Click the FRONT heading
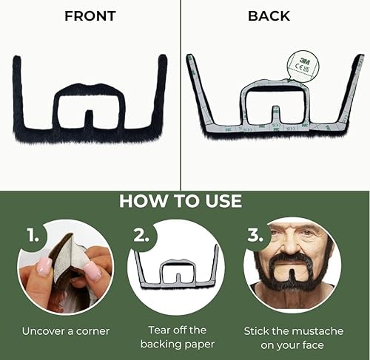(90, 16)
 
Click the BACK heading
(269, 16)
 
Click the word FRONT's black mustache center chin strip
(90, 121)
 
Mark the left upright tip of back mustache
(190, 59)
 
